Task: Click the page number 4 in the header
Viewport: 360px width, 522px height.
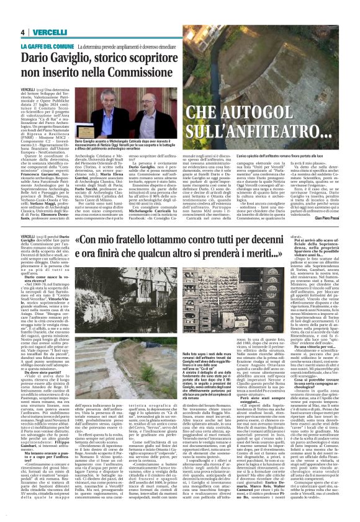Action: coord(22,32)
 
